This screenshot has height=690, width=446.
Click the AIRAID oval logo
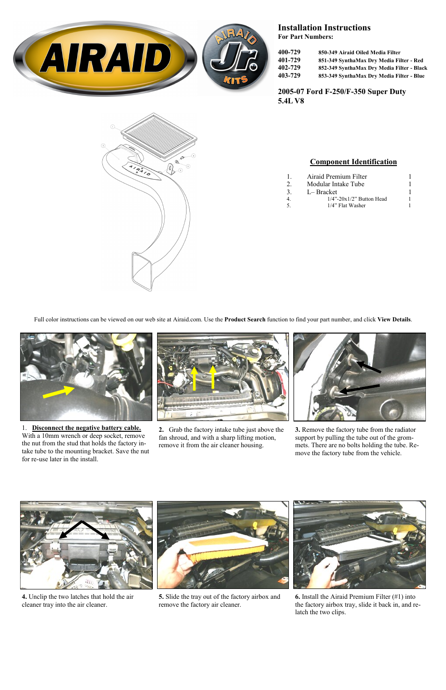pos(105,58)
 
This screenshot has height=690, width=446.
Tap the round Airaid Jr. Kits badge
pos(236,58)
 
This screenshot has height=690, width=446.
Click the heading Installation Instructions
pos(324,28)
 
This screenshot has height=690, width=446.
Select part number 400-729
pos(289,52)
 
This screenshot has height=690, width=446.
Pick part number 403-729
pos(289,76)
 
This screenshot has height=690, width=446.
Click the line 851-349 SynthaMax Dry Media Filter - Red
pos(370,60)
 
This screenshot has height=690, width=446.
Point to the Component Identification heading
pos(353,162)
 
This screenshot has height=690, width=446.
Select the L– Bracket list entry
pos(322,192)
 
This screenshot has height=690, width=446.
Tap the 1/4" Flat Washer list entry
pos(346,206)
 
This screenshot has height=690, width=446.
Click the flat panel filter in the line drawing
pos(159,135)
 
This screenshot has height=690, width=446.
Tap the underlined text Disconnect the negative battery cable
pos(86,428)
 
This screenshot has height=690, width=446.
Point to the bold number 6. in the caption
pos(297,597)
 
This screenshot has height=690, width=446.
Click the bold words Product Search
pos(245,320)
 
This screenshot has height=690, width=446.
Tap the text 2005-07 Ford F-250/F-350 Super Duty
pos(341,92)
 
